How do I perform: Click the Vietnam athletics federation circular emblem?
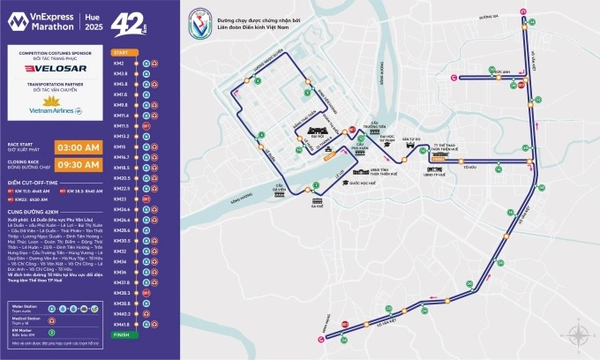[x=204, y=24]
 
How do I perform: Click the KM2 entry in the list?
[x=118, y=63]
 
